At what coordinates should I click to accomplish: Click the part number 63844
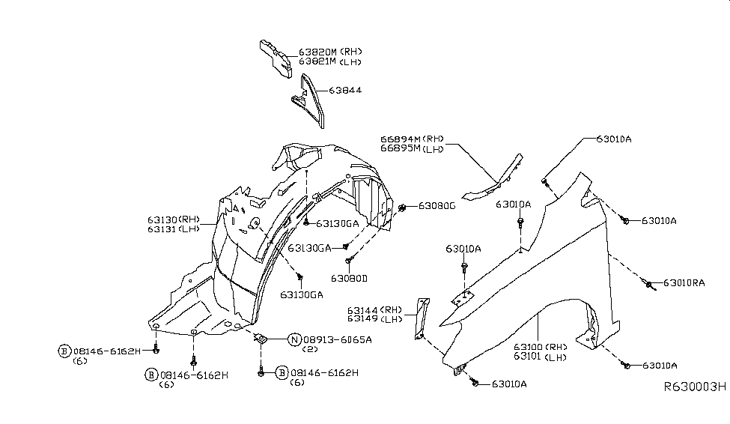click(346, 90)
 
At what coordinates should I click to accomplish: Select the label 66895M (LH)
click(412, 148)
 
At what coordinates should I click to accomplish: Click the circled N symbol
click(294, 339)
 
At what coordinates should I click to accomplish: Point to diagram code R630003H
click(695, 387)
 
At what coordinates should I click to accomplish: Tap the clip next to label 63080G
click(404, 207)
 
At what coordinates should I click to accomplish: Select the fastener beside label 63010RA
click(648, 282)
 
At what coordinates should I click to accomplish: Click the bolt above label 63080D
click(349, 260)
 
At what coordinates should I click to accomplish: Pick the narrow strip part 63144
click(421, 318)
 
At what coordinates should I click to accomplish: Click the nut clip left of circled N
click(262, 339)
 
